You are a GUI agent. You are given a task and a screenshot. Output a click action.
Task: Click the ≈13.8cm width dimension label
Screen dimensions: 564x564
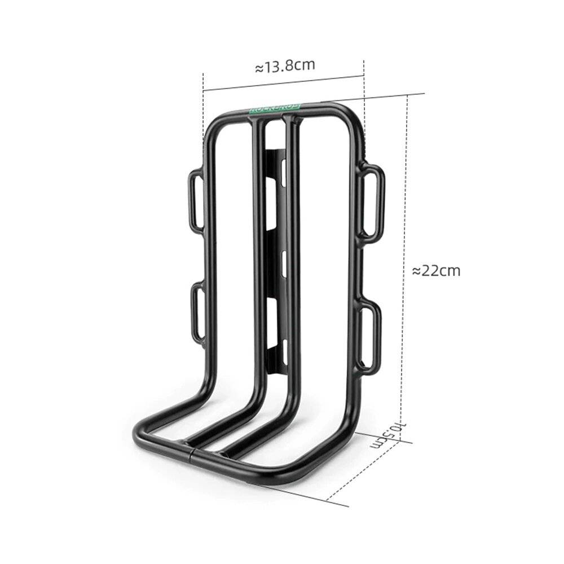point(285,67)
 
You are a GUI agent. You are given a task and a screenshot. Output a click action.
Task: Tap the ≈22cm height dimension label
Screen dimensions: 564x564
point(436,271)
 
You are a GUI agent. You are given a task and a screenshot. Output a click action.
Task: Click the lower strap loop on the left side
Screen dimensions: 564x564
point(197,313)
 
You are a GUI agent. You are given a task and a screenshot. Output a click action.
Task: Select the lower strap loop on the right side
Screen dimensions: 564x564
point(369,336)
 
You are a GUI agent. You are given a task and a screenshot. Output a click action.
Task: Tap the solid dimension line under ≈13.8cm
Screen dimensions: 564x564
point(282,83)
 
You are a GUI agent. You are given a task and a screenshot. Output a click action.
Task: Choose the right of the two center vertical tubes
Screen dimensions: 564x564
point(292,254)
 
